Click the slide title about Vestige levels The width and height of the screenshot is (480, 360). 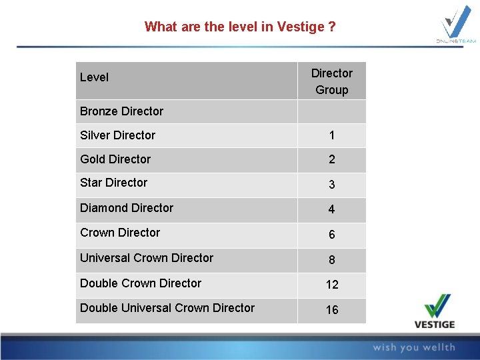(x=240, y=27)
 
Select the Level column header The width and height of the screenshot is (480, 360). (x=94, y=77)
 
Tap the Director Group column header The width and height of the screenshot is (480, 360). (x=331, y=81)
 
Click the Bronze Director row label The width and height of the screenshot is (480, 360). (x=121, y=111)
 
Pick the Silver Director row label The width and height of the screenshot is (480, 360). (x=117, y=135)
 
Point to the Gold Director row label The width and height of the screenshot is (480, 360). (x=115, y=159)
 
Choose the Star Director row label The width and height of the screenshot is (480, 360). (x=113, y=183)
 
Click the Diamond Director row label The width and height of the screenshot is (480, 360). (x=127, y=208)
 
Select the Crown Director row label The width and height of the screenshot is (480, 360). (x=120, y=233)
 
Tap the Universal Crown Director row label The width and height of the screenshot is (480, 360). (x=147, y=258)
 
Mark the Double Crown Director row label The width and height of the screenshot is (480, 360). (x=141, y=283)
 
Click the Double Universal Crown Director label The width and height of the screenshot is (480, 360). (x=167, y=308)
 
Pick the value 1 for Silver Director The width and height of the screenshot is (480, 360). (x=331, y=136)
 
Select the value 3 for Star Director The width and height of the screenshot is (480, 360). (x=331, y=185)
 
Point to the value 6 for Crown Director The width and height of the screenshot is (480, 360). (x=331, y=235)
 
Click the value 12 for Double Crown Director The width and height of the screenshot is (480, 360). (x=331, y=285)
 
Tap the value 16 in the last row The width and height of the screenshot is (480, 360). (x=331, y=310)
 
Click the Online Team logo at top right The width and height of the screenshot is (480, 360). (x=457, y=25)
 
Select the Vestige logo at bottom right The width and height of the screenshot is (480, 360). (x=439, y=312)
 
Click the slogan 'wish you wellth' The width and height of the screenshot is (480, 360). (x=413, y=347)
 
